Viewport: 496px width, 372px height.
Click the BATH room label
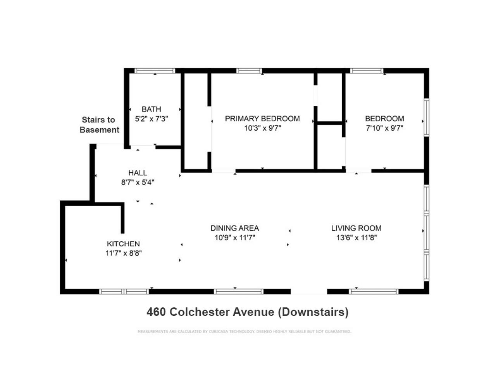[x=151, y=109]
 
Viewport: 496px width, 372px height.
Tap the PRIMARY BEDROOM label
[x=262, y=119]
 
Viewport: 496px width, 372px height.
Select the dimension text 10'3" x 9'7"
[x=262, y=128]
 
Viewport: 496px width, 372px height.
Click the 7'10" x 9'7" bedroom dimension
[x=384, y=128]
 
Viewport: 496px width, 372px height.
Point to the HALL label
[x=138, y=173]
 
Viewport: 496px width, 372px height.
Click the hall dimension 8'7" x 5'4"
[x=138, y=182]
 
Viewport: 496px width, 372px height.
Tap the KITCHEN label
[x=123, y=244]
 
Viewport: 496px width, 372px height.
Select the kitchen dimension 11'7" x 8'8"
[x=123, y=253]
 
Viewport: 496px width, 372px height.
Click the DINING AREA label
[x=234, y=228]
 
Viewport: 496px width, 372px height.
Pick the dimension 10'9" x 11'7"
[x=234, y=238]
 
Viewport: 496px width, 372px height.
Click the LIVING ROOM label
[x=356, y=228]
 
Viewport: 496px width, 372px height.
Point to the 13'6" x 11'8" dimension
[x=356, y=238]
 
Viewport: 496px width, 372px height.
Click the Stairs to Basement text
[x=99, y=125]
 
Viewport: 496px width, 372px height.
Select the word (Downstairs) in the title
[x=313, y=312]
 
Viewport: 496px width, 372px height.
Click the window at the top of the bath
[x=155, y=71]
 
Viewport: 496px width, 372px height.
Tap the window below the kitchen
[x=124, y=291]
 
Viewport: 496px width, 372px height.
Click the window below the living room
[x=374, y=291]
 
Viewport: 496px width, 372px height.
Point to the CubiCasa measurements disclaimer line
[x=244, y=332]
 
